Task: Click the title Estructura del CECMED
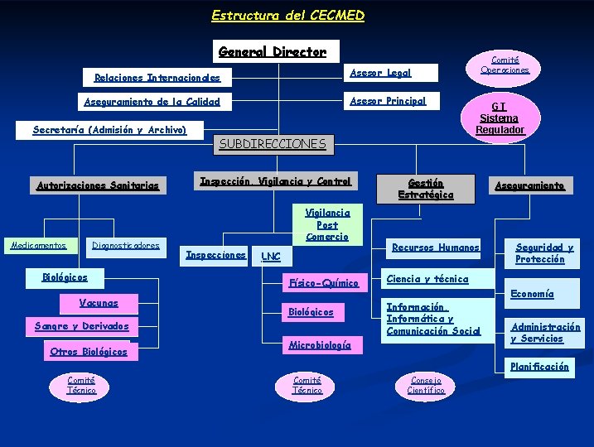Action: pos(287,15)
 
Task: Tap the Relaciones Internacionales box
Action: pos(157,78)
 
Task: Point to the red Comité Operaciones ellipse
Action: pos(505,65)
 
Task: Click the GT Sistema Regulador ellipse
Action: pos(500,118)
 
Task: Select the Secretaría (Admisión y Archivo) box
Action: pos(110,130)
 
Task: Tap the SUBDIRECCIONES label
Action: pos(273,144)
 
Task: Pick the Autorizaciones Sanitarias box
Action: pos(98,185)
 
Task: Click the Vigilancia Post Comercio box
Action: pos(327,224)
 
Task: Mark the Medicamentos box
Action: pos(38,245)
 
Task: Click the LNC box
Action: pos(271,257)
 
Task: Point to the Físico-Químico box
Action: pos(323,283)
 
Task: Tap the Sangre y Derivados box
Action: pos(81,326)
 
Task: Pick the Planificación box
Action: pos(539,366)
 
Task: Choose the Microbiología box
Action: pos(319,345)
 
